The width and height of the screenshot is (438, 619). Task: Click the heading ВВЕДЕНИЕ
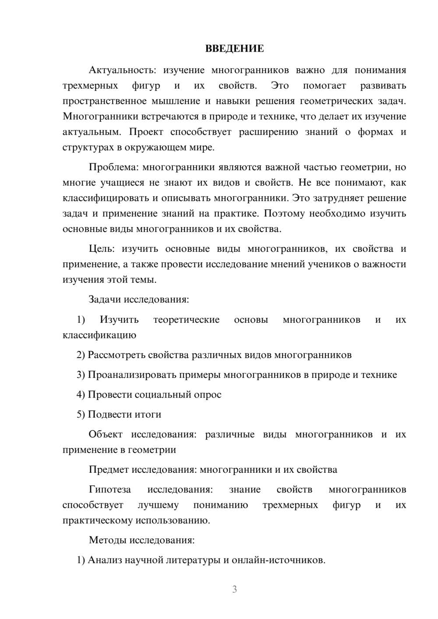[x=234, y=49]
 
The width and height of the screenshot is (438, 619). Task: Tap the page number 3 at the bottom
[x=234, y=589]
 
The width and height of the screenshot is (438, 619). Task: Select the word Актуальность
[x=122, y=70]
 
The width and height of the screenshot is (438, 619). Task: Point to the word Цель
[x=102, y=249]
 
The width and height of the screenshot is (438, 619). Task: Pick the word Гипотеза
[x=109, y=489]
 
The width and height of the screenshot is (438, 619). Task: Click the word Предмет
[x=109, y=470]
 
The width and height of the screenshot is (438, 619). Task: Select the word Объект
[x=106, y=434]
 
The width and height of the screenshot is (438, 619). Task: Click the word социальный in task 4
[x=162, y=394]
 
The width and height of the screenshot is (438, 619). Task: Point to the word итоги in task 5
[x=148, y=414]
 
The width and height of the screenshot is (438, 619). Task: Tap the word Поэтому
[x=284, y=214]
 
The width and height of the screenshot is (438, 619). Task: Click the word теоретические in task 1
[x=186, y=320]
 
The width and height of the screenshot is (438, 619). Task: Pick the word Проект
[x=146, y=132]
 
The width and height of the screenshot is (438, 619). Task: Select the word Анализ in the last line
[x=105, y=560]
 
